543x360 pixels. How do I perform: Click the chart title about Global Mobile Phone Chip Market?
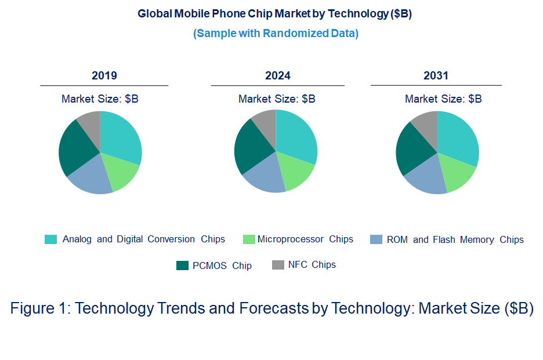tap(274, 14)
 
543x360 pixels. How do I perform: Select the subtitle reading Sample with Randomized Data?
tap(276, 34)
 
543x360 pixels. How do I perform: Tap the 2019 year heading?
tap(104, 76)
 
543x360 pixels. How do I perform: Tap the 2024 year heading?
tap(278, 76)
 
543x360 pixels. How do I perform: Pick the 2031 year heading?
tap(436, 76)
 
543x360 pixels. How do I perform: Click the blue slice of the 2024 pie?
tap(265, 177)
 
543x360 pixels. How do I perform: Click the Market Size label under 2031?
tap(443, 99)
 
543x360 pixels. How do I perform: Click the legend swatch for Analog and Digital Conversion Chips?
tap(51, 239)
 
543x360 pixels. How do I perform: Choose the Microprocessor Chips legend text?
tap(305, 239)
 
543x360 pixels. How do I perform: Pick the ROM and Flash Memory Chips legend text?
tap(455, 239)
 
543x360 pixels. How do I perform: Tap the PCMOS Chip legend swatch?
tap(183, 265)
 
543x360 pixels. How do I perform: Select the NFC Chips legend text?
tap(312, 265)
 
